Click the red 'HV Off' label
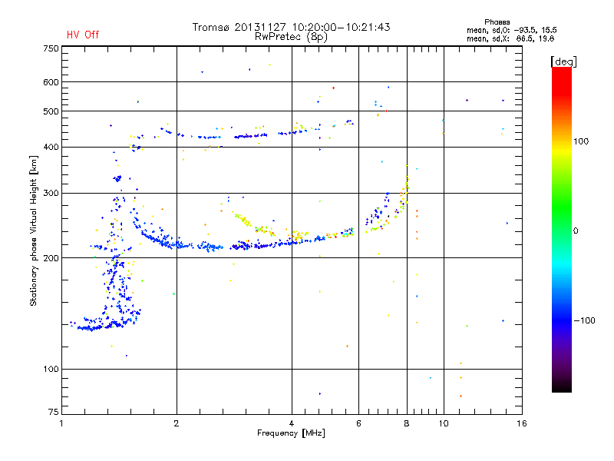pyautogui.click(x=83, y=35)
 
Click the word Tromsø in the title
pyautogui.click(x=210, y=27)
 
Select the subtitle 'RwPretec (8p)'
pyautogui.click(x=291, y=37)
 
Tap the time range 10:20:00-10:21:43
pyautogui.click(x=341, y=27)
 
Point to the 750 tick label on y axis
pyautogui.click(x=51, y=48)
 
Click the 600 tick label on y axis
pyautogui.click(x=51, y=82)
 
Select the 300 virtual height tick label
pyautogui.click(x=51, y=194)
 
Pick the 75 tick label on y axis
pyautogui.click(x=54, y=412)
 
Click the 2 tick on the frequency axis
pyautogui.click(x=177, y=423)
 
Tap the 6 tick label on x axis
pyautogui.click(x=358, y=423)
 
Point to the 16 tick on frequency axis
pyautogui.click(x=522, y=423)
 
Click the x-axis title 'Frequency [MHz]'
pyautogui.click(x=291, y=433)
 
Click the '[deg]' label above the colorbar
pyautogui.click(x=563, y=61)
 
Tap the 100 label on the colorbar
pyautogui.click(x=581, y=141)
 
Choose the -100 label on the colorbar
pyautogui.click(x=584, y=320)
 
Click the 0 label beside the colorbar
pyautogui.click(x=576, y=231)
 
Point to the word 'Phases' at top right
pyautogui.click(x=497, y=22)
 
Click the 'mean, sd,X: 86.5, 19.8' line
pyautogui.click(x=510, y=39)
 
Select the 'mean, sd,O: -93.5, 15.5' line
pyautogui.click(x=512, y=31)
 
